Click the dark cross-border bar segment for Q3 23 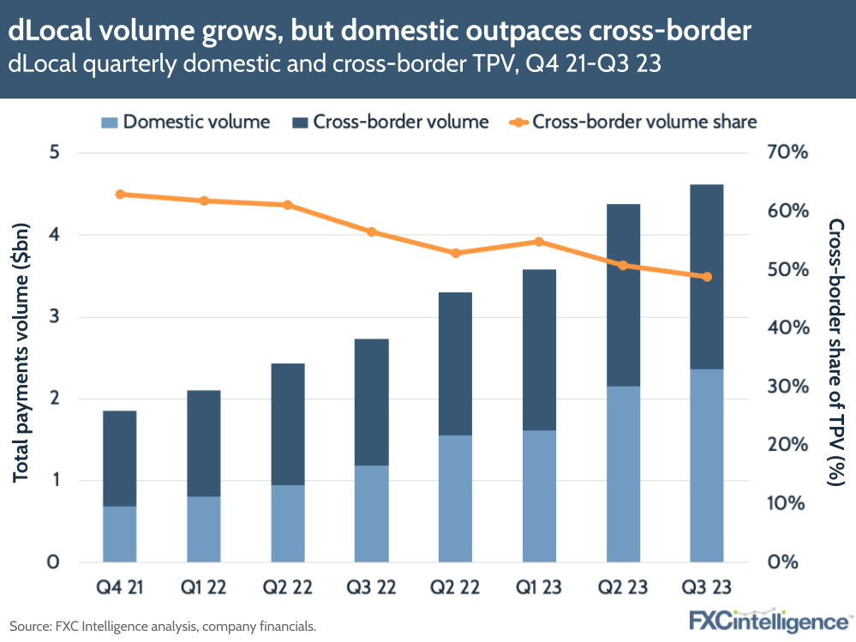(706, 276)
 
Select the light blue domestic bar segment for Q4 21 (119, 533)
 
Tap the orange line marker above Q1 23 (539, 242)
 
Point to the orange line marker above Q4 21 (120, 195)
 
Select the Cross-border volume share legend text (644, 122)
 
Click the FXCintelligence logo (769, 620)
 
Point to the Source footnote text (163, 627)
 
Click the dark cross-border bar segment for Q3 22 (371, 401)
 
